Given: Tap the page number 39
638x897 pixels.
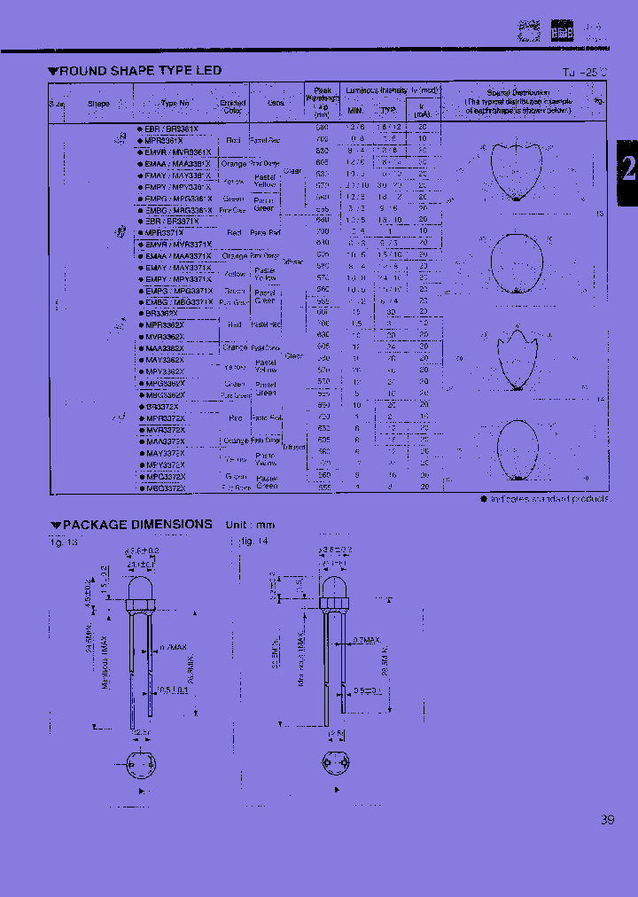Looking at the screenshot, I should (x=607, y=820).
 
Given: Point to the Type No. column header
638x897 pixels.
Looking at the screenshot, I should (x=175, y=104).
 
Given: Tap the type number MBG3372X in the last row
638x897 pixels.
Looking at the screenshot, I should (x=163, y=487).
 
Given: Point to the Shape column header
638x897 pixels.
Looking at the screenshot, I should (x=98, y=104).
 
